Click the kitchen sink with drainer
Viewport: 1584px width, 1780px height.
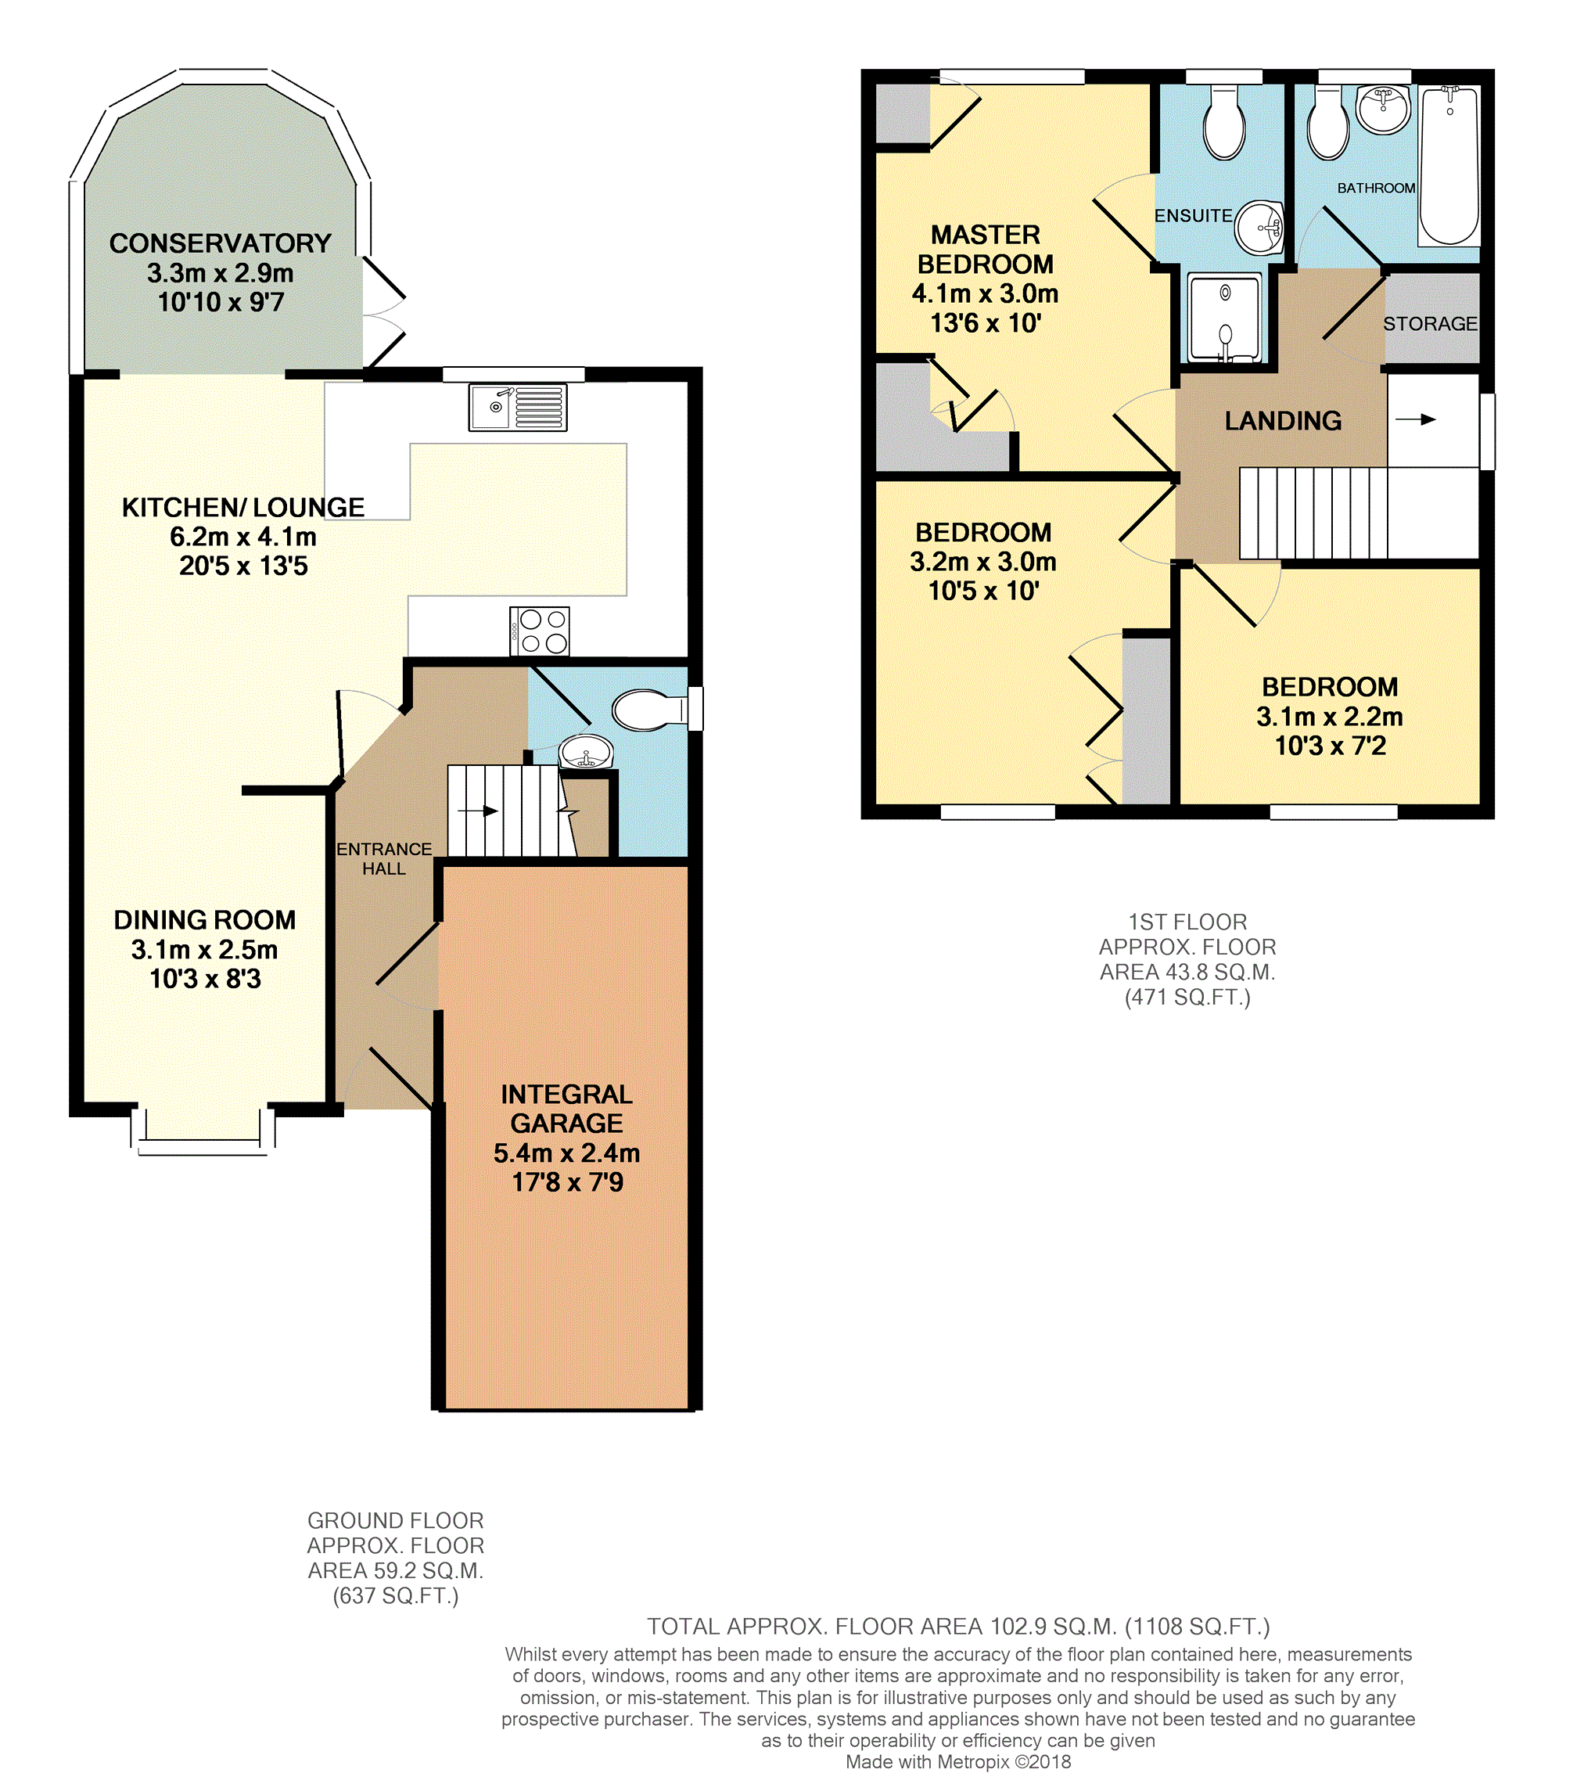(517, 407)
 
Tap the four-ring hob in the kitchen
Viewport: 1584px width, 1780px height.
(539, 631)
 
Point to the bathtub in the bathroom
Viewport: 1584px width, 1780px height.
(1449, 165)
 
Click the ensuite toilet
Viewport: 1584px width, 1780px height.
(1223, 123)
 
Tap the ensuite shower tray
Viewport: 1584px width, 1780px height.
(1224, 318)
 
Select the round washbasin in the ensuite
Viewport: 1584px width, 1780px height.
(1259, 227)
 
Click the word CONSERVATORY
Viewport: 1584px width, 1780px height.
(221, 243)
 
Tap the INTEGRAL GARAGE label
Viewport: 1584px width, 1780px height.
(567, 1109)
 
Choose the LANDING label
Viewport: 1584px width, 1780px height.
(1283, 421)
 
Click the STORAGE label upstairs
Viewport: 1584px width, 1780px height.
(1431, 324)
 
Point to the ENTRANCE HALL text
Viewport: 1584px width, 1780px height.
(384, 858)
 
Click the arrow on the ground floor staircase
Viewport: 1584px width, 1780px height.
(478, 811)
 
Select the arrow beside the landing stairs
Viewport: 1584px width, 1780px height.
(1415, 419)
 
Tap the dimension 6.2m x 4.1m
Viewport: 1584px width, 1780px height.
(243, 537)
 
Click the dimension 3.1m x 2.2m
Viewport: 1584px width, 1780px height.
(1330, 717)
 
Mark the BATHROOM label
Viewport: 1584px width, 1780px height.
(1376, 188)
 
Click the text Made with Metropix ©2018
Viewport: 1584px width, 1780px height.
(958, 1762)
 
